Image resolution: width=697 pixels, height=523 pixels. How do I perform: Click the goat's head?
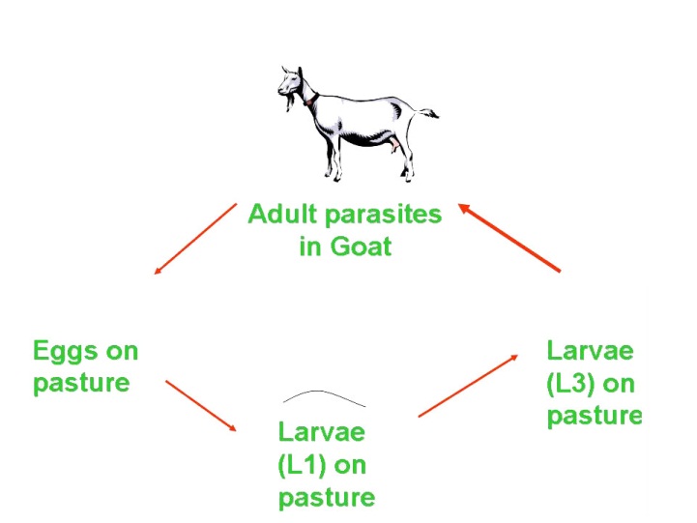(x=290, y=85)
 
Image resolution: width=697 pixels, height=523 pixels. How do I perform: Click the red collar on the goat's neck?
(x=309, y=99)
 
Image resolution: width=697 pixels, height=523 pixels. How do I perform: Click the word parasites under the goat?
(x=381, y=214)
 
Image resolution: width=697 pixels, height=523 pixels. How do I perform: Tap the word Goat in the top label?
(x=360, y=246)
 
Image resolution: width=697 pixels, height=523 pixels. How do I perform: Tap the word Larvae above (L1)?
(x=322, y=431)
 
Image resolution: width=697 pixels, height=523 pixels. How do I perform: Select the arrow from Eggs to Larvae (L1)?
(x=201, y=406)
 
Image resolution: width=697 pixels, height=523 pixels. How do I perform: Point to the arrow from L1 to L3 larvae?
(x=468, y=385)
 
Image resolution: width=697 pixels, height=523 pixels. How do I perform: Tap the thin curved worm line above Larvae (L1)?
(x=324, y=396)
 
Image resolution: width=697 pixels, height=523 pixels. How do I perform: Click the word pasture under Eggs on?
(x=81, y=382)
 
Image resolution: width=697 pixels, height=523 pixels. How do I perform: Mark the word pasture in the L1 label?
(x=326, y=498)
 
